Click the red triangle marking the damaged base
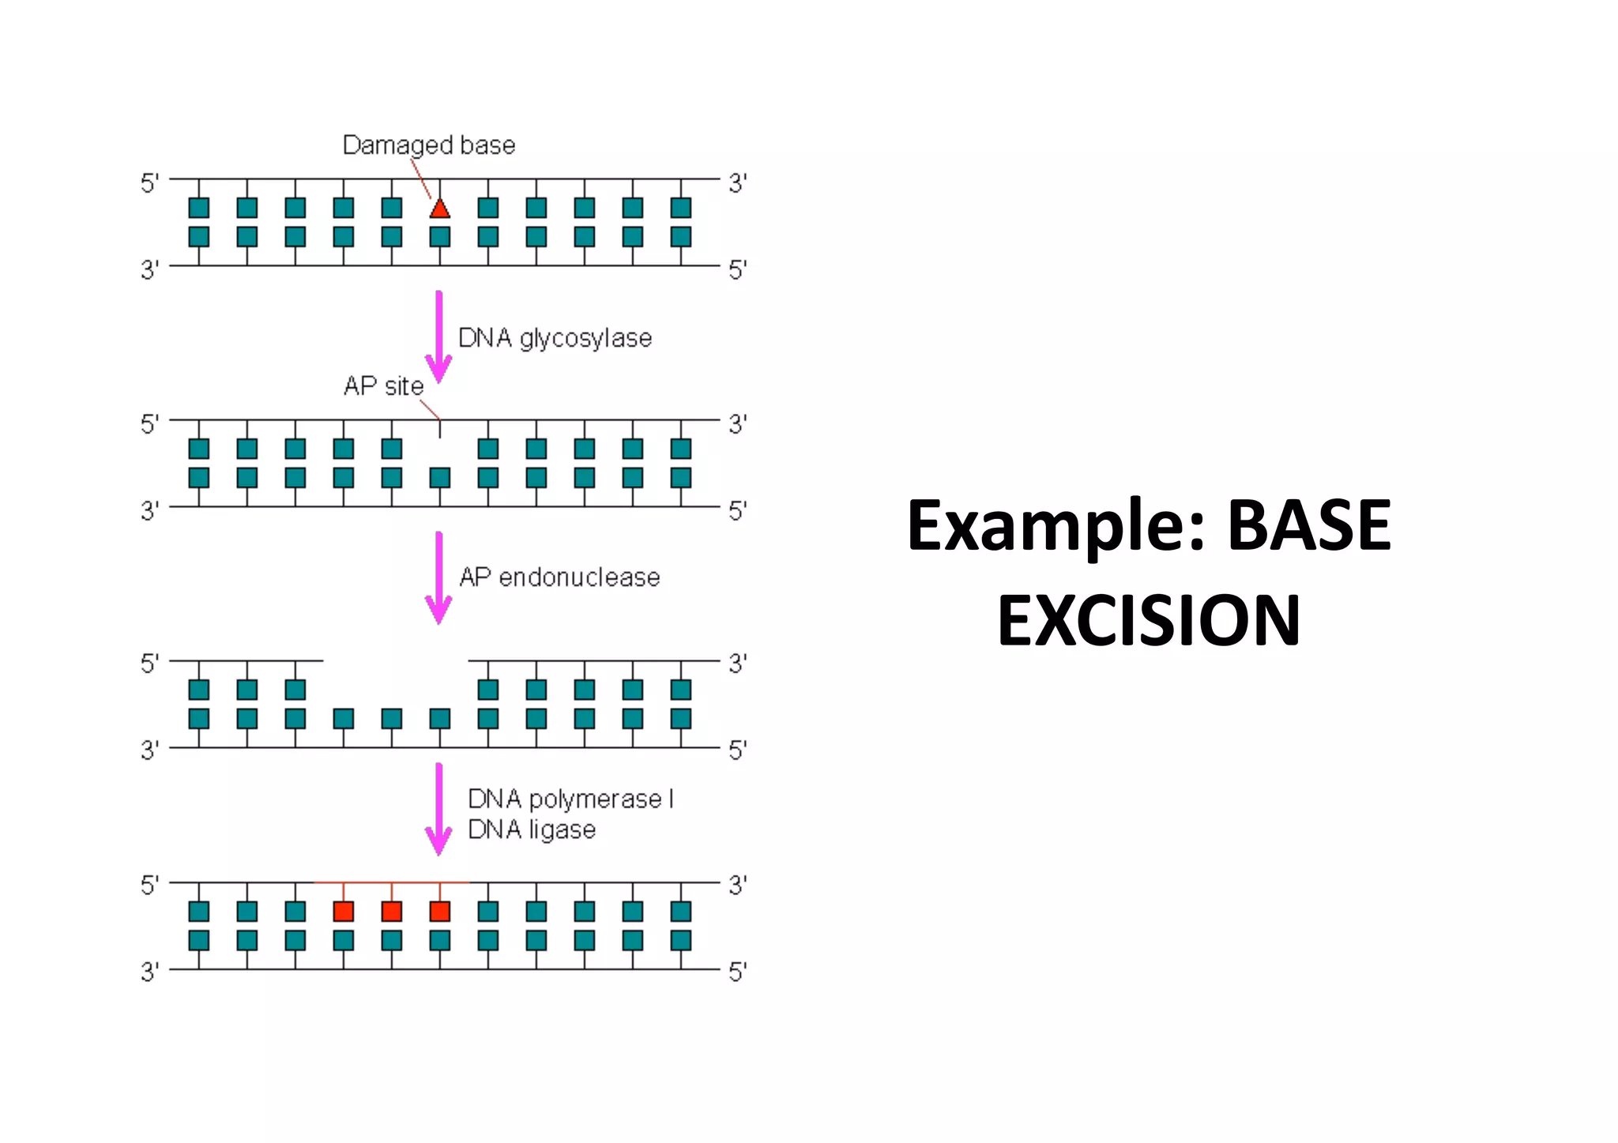(x=440, y=209)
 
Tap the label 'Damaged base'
(x=428, y=145)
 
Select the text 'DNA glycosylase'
(x=555, y=338)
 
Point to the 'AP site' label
(x=383, y=386)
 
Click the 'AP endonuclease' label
(x=559, y=577)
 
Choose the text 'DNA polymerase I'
(x=570, y=799)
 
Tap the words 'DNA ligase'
(x=532, y=830)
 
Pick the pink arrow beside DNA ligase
(x=439, y=809)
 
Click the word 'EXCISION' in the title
(x=1148, y=621)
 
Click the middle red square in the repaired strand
(x=392, y=912)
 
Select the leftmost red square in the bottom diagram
(x=344, y=912)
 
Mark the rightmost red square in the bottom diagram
(x=440, y=912)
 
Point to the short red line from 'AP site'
(x=430, y=410)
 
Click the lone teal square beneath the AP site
(x=440, y=478)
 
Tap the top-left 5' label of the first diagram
(x=149, y=184)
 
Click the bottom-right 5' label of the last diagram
(x=737, y=972)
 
